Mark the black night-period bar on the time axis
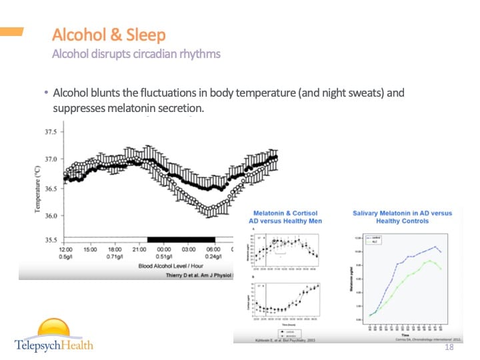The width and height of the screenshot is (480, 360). [181, 239]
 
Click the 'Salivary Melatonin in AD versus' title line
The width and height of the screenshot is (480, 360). [402, 213]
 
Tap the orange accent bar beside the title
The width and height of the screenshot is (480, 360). [11, 31]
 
